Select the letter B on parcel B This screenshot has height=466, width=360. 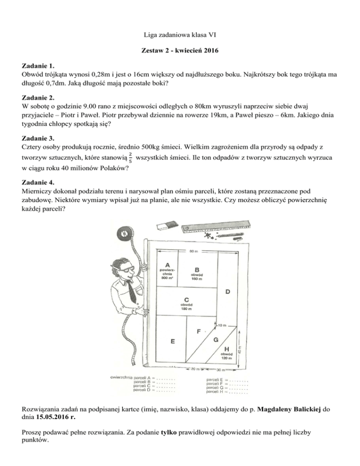(x=197, y=269)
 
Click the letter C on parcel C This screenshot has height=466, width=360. (x=187, y=299)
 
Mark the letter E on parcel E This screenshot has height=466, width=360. (x=173, y=341)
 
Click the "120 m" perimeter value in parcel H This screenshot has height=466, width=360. (x=227, y=358)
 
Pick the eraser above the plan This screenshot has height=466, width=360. (x=167, y=224)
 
